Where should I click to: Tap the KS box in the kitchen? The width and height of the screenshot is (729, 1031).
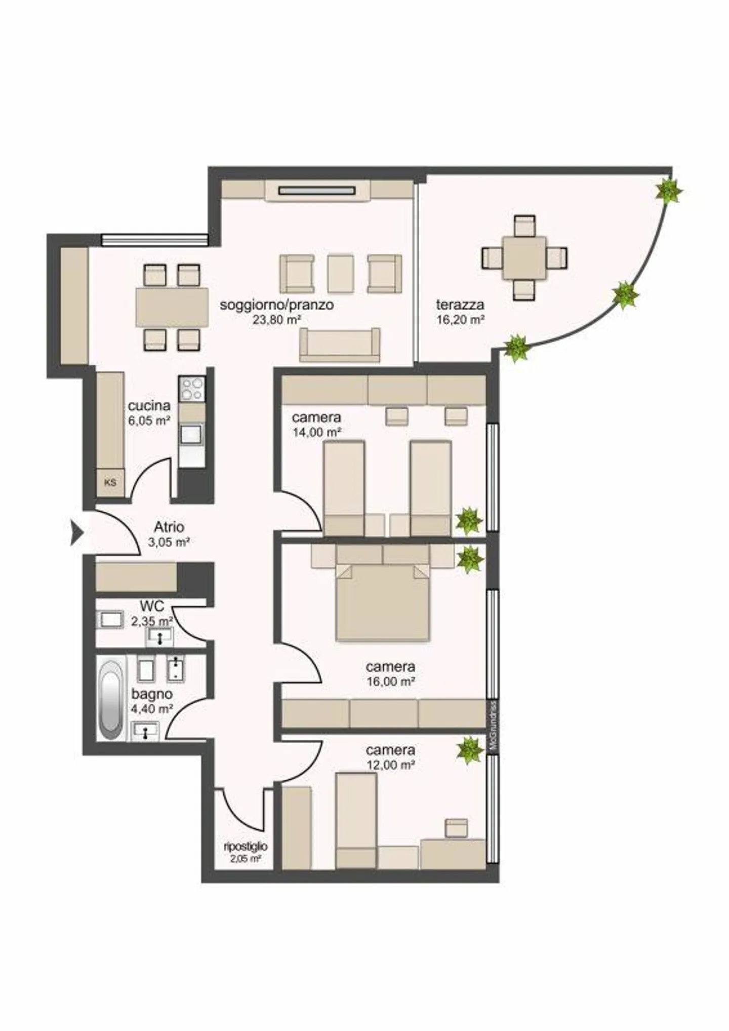pos(110,482)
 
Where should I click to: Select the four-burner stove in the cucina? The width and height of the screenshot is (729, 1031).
pos(192,389)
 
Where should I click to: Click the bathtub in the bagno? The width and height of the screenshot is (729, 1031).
pos(111,699)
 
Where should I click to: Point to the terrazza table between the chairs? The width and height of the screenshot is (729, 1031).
pos(524,258)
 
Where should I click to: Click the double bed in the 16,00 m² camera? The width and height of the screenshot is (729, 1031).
pos(382,601)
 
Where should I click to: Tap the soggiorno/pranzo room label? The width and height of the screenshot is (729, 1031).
pos(276,305)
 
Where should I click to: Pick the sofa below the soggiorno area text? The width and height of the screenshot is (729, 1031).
pos(339,345)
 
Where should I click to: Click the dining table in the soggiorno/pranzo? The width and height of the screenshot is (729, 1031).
pos(172,308)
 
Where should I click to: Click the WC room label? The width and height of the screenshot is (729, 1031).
pos(152,606)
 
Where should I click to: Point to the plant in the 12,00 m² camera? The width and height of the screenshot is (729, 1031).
pos(470,750)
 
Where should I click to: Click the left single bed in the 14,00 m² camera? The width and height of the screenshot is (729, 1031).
pos(344,488)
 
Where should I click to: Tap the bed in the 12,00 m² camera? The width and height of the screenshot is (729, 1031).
pos(356,820)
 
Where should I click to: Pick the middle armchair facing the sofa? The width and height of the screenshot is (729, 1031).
pos(340,274)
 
